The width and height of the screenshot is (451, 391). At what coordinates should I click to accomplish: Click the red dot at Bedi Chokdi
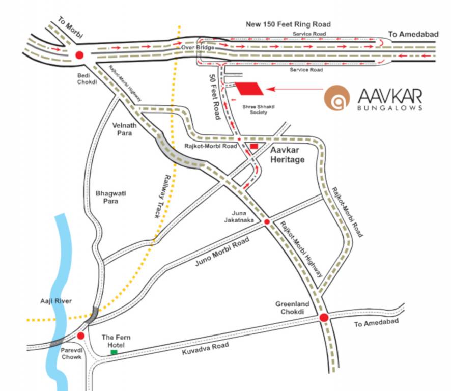79,55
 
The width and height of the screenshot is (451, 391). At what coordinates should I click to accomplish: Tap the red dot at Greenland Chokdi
323,318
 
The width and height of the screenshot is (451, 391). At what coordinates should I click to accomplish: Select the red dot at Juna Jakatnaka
266,222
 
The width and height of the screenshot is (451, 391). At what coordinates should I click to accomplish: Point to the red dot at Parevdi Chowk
80,336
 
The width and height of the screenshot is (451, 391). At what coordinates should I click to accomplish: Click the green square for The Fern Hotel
114,352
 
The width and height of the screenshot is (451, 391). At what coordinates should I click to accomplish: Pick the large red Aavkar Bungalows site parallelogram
250,89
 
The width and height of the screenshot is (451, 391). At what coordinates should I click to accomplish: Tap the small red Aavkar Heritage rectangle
254,147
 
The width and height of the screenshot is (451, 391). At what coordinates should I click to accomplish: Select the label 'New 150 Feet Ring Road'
288,24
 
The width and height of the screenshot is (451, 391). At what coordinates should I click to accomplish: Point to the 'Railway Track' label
162,195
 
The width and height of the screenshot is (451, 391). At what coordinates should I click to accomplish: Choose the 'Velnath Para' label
123,129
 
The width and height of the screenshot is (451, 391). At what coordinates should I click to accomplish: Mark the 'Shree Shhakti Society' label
253,109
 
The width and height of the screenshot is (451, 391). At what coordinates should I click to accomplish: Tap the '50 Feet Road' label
214,96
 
